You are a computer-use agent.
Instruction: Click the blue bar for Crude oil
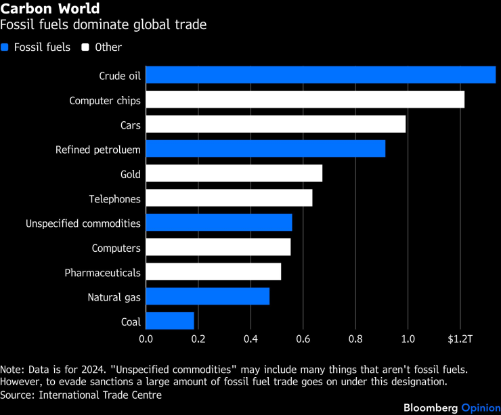320,75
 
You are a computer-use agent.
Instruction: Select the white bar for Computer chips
305,100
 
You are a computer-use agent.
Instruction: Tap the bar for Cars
276,125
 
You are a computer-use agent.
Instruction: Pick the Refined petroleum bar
265,149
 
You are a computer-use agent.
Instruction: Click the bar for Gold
234,174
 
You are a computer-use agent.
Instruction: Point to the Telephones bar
229,198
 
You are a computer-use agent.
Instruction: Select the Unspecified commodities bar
219,223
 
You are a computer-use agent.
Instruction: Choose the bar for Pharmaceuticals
213,272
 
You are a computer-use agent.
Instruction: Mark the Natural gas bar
207,297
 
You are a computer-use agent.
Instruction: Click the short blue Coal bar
170,321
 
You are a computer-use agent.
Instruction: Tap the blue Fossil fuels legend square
5,47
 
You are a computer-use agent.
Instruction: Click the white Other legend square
85,47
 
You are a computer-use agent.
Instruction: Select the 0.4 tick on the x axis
250,338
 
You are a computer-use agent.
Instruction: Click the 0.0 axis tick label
146,338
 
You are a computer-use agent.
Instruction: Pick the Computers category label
116,248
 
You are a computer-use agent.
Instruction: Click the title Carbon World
50,9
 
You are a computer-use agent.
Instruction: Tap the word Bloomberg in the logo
431,408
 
